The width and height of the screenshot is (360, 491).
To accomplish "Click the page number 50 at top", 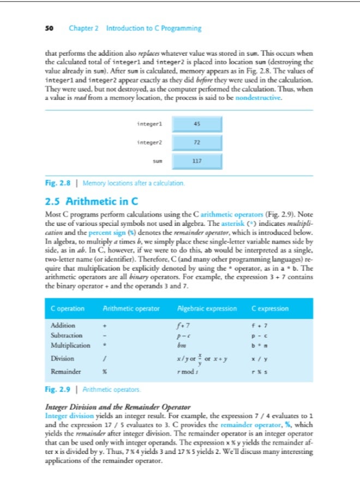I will click(x=49, y=28).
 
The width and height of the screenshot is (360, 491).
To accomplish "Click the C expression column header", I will click(x=270, y=309).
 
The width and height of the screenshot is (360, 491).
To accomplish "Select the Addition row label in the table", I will click(x=63, y=326).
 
